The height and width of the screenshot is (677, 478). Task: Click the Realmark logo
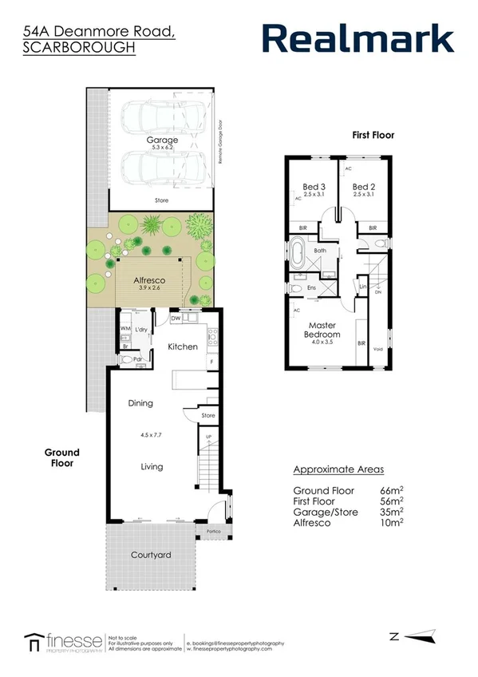coord(358,38)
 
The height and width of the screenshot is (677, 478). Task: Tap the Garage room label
coord(162,140)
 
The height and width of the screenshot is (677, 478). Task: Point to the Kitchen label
coord(182,347)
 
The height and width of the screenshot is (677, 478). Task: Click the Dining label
coord(140,403)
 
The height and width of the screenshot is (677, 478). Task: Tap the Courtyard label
coord(152,555)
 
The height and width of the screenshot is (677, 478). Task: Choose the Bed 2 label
coord(363,185)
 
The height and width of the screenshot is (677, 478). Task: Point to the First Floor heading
coord(373,136)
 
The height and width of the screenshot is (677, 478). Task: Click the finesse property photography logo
coord(64,641)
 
